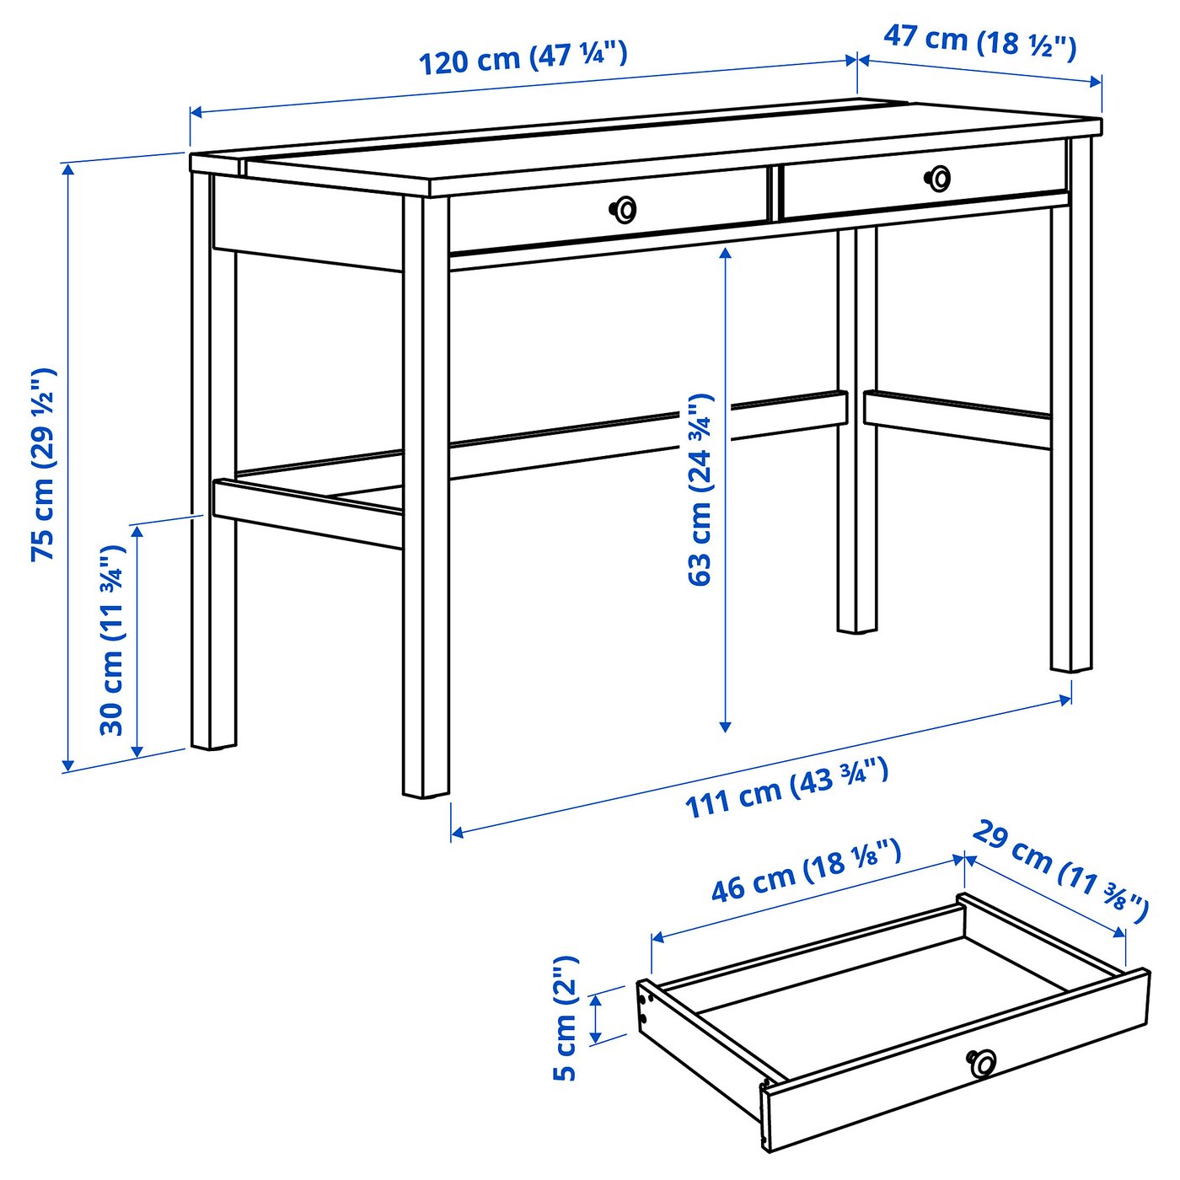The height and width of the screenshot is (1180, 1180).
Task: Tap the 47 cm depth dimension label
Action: click(979, 41)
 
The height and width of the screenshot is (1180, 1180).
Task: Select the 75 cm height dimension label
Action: click(43, 464)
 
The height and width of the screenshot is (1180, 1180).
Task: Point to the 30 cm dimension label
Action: click(112, 641)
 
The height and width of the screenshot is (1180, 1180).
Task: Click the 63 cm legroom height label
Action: click(700, 489)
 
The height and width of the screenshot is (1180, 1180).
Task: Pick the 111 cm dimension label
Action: click(786, 789)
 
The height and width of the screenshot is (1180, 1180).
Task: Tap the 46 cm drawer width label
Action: click(806, 872)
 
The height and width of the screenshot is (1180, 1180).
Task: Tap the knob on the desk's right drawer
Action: click(938, 178)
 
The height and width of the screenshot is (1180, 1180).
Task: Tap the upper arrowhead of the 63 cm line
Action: click(725, 253)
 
